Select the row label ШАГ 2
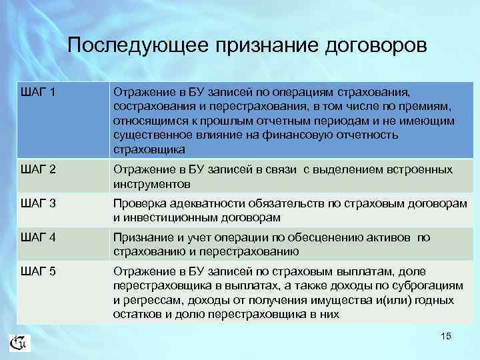click(x=39, y=171)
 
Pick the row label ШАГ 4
click(x=39, y=238)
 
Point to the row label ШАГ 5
click(x=39, y=271)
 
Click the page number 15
click(x=446, y=336)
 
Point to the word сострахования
click(x=151, y=107)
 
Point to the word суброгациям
click(x=427, y=285)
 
